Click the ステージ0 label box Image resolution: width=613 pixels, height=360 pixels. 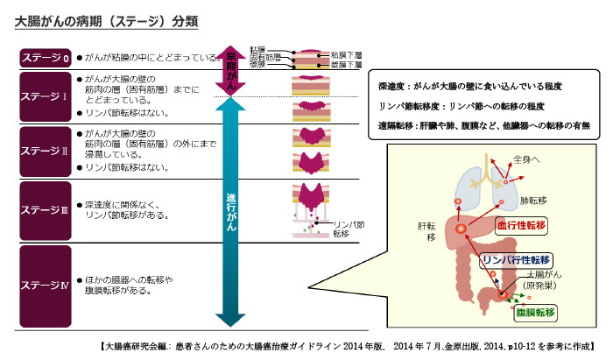point(45,58)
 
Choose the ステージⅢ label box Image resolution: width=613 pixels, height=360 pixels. point(45,210)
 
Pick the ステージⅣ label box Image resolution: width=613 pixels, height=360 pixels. point(45,284)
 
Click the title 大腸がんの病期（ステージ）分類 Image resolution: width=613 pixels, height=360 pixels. point(104,20)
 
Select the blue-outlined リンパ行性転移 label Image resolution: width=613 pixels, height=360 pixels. point(516,259)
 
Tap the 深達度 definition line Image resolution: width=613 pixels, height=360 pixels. point(469,87)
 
